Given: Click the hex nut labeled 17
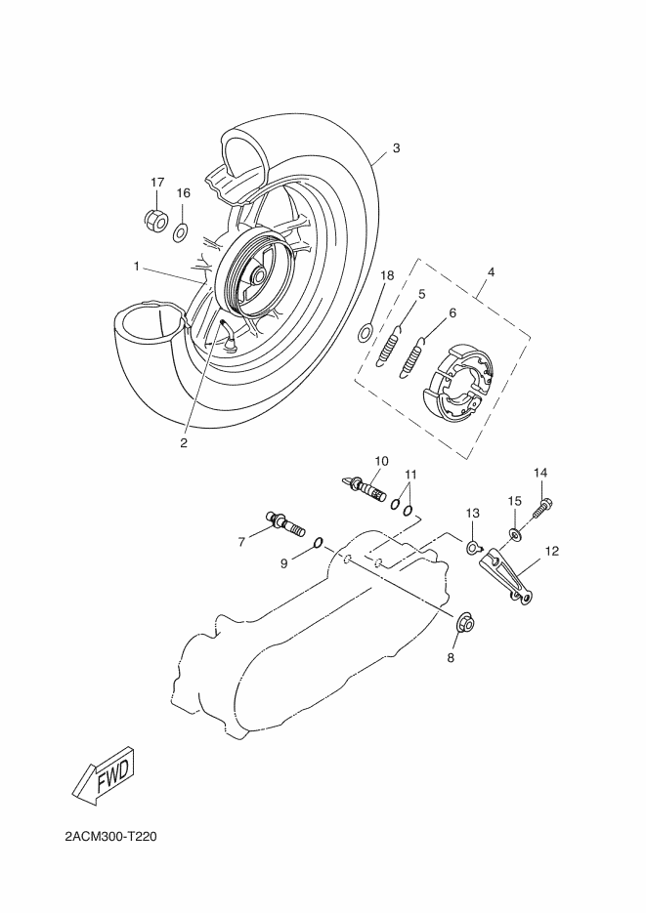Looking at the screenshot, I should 156,221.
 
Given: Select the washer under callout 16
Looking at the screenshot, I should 181,232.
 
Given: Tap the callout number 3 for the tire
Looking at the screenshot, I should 395,148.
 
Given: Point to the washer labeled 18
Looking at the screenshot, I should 364,333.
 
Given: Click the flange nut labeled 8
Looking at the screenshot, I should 465,622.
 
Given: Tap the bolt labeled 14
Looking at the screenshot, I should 542,507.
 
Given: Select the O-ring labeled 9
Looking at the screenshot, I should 319,542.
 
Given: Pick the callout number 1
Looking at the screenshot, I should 138,266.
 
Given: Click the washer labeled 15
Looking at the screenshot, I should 514,535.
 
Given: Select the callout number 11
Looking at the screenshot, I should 411,475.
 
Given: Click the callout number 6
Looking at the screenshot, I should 452,312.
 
